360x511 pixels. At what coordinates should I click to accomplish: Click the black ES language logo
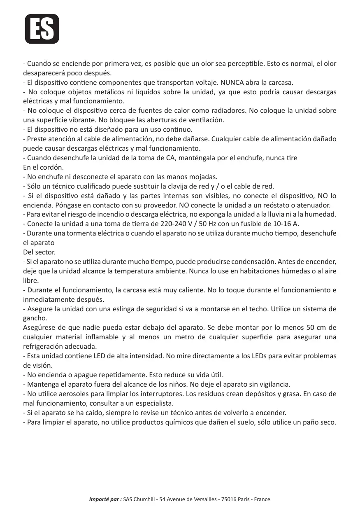coord(42,29)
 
